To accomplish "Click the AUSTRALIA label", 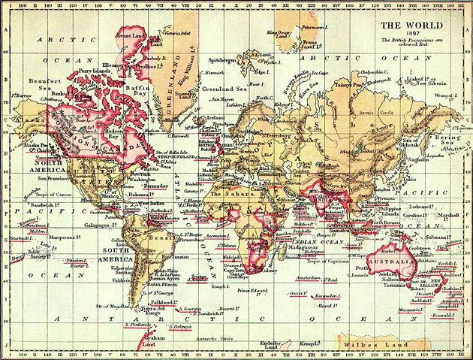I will [x=391, y=262].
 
